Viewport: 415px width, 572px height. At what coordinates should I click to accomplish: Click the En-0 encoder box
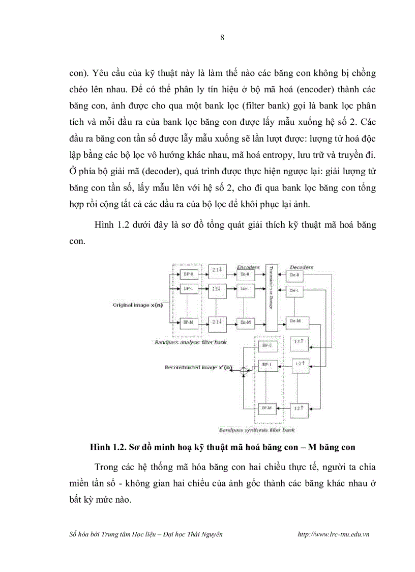click(x=245, y=275)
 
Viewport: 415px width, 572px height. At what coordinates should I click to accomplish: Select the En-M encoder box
click(x=245, y=323)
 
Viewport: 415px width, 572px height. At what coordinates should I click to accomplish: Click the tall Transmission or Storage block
click(x=272, y=298)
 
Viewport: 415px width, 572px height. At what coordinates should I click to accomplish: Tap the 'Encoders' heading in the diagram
click(x=248, y=267)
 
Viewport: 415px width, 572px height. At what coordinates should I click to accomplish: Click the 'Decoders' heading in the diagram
click(x=301, y=267)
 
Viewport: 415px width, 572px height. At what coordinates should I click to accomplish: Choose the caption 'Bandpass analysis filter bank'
click(x=191, y=342)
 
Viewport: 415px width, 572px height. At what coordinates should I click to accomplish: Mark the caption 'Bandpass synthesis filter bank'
click(x=257, y=430)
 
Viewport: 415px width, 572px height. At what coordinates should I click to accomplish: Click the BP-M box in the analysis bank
click(x=187, y=323)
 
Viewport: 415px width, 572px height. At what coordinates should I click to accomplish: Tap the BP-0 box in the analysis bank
click(x=187, y=275)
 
